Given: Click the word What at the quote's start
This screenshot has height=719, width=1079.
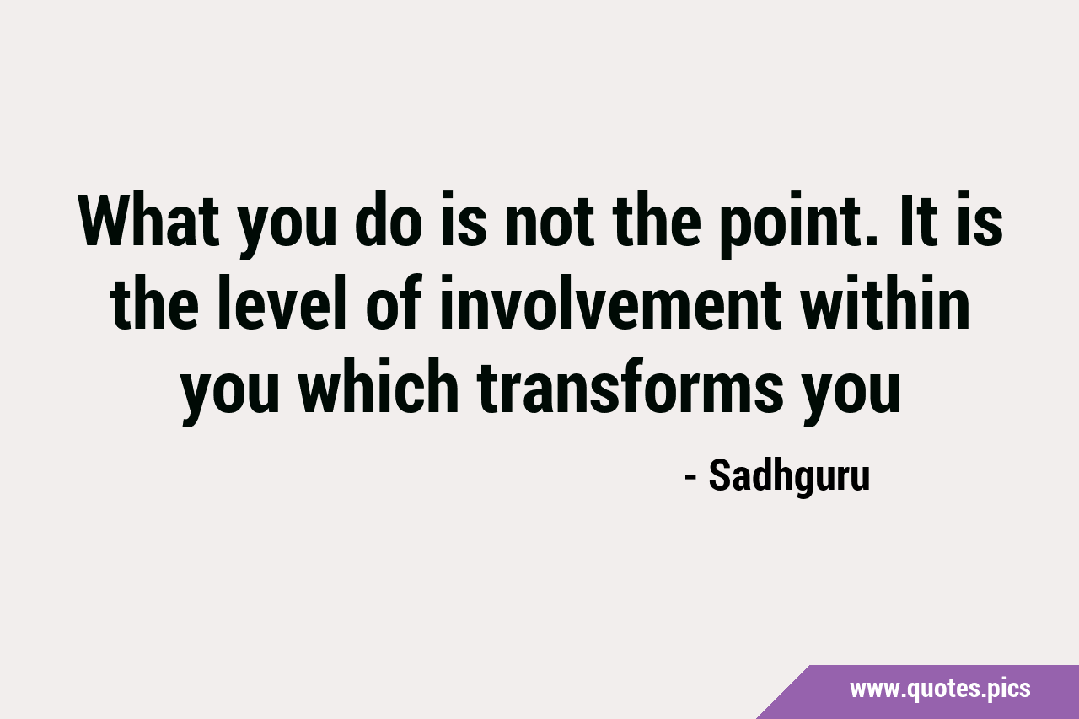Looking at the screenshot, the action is point(148,220).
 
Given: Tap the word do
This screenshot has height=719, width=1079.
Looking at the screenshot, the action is point(389,220).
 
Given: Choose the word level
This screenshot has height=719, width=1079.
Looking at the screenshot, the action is point(282,302).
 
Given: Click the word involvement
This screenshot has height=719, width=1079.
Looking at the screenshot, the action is point(610,302).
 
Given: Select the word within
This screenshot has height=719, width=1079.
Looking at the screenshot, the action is point(884,302).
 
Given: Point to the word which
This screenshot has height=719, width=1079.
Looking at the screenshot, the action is point(378,384).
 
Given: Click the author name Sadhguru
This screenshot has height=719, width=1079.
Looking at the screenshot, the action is point(790,476).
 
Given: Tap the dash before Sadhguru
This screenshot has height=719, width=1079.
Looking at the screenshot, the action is point(690,478).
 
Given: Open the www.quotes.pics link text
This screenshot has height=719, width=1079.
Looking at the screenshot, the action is point(940,689).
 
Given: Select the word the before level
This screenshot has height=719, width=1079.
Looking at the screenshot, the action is point(154,302).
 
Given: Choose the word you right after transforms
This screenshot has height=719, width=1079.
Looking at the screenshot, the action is point(851,393).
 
